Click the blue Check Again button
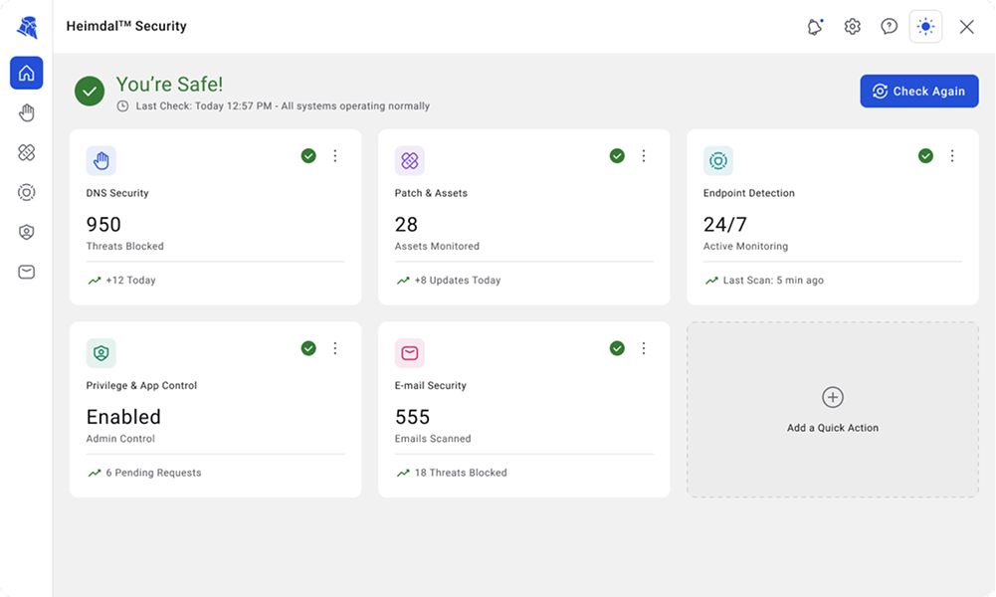coord(919,91)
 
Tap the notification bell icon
coord(815,27)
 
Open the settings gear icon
coord(852,27)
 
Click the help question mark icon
coord(889,27)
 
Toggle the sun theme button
coord(925,27)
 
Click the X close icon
coord(967,27)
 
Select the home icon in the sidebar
coord(27,73)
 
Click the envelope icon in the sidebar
coord(27,272)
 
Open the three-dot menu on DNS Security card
coord(335,155)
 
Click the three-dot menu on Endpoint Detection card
coord(952,155)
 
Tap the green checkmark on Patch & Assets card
coord(617,155)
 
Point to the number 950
coord(103,224)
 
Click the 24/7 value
coord(724,224)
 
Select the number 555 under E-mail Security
coord(412,417)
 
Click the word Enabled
coord(123,417)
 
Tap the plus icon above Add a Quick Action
coord(833,398)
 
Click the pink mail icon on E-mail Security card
coord(410,353)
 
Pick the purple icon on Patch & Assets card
coord(410,160)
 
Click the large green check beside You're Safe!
coord(90,92)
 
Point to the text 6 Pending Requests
coord(153,473)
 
